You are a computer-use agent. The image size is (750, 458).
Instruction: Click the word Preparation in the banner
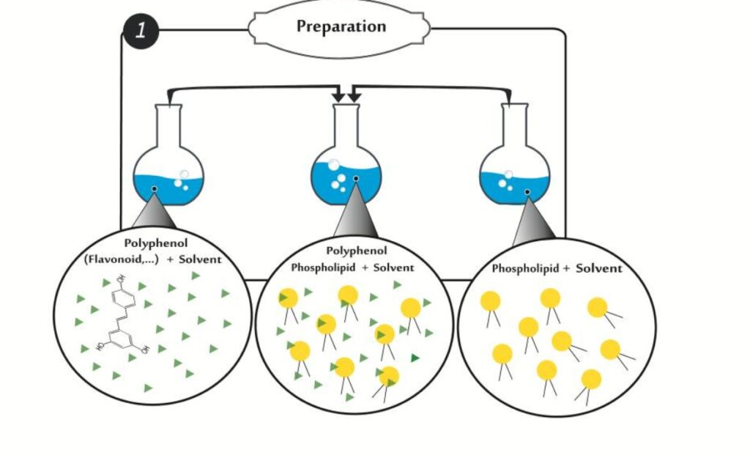click(341, 26)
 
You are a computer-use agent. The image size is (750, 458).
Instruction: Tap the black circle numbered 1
click(141, 31)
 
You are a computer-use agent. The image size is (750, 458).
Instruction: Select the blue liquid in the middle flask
click(346, 183)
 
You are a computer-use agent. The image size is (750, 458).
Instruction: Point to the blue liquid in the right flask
click(515, 188)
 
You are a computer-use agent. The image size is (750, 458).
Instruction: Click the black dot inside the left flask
click(154, 189)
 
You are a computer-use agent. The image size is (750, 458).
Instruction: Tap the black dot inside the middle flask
click(356, 179)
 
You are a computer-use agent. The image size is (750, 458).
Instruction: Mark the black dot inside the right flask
click(527, 192)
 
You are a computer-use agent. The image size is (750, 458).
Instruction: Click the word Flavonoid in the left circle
click(120, 259)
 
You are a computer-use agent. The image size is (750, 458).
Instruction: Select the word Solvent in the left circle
click(201, 259)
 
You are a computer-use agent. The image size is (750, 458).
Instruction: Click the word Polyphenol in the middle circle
click(357, 251)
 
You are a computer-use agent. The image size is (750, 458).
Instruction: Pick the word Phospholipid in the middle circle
click(323, 267)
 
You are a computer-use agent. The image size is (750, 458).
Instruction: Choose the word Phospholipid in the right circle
click(525, 268)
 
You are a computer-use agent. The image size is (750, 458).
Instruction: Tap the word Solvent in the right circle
click(599, 268)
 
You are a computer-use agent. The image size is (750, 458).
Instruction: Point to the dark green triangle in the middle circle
click(415, 358)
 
